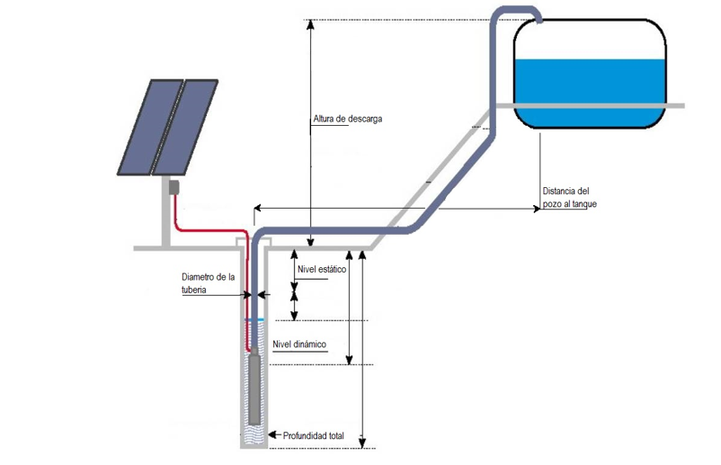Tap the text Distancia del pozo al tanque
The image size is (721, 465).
click(569, 198)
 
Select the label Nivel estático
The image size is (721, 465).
click(321, 269)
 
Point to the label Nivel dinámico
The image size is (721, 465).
click(299, 344)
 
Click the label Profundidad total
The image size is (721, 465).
click(314, 436)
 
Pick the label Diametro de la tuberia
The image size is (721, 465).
click(208, 283)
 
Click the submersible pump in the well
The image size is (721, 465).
click(255, 389)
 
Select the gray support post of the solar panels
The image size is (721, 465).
click(168, 220)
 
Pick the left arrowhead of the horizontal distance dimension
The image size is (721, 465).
click(258, 209)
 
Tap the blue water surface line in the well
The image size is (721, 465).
click(254, 319)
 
